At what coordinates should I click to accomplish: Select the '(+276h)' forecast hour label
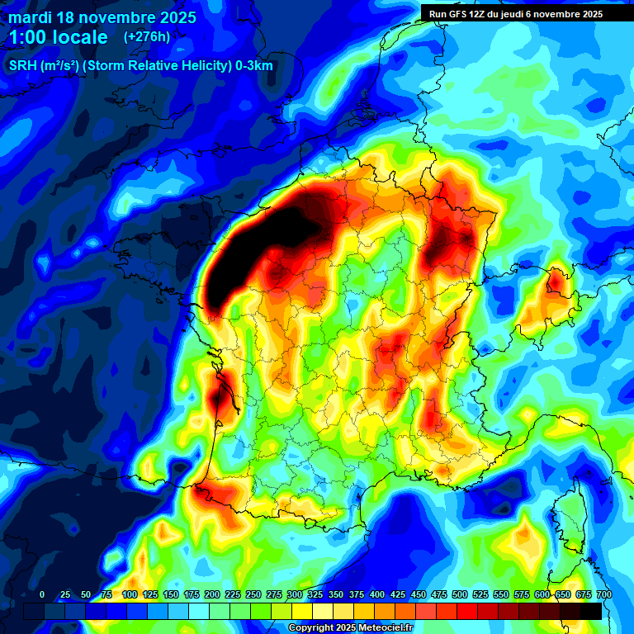(x=148, y=37)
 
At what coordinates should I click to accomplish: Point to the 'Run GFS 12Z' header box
(x=515, y=14)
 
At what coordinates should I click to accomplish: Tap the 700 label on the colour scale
(x=603, y=594)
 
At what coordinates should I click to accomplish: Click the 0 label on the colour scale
(x=42, y=594)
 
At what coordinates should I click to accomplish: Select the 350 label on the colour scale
(x=336, y=594)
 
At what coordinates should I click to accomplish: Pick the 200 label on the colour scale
(x=212, y=594)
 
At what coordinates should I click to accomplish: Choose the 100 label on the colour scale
(x=130, y=594)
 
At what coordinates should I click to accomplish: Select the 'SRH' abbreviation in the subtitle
(x=22, y=66)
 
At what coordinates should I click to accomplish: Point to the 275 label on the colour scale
(x=274, y=594)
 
